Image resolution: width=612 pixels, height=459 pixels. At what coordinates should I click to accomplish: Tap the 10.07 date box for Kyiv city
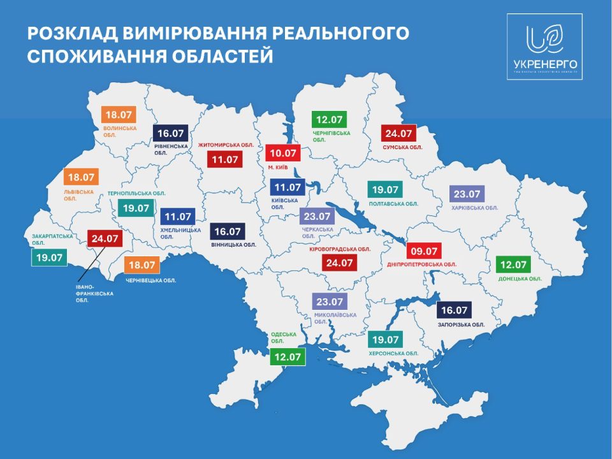click(282, 153)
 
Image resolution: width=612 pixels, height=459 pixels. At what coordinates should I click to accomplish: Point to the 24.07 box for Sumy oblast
click(398, 134)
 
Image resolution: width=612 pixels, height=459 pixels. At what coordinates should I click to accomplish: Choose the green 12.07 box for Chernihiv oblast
click(329, 119)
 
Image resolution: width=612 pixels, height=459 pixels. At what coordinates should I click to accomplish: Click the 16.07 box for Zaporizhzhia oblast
click(454, 310)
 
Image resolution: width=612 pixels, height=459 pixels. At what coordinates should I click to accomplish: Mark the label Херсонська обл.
click(393, 353)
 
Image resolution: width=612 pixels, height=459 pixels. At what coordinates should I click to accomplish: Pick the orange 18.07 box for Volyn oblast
click(119, 115)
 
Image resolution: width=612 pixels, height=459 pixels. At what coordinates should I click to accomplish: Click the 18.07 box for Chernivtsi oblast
click(141, 265)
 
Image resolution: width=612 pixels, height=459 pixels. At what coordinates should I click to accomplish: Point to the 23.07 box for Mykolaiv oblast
click(329, 302)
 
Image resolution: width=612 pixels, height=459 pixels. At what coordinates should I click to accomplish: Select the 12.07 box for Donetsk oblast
click(513, 265)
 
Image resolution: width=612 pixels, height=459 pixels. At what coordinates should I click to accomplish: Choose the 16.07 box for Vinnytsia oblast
click(228, 231)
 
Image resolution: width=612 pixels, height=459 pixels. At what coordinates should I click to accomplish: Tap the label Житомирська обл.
click(226, 145)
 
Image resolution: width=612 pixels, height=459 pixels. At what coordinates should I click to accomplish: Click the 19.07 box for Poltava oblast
click(385, 190)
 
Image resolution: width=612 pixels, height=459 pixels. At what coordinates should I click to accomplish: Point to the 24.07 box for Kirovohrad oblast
click(339, 262)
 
